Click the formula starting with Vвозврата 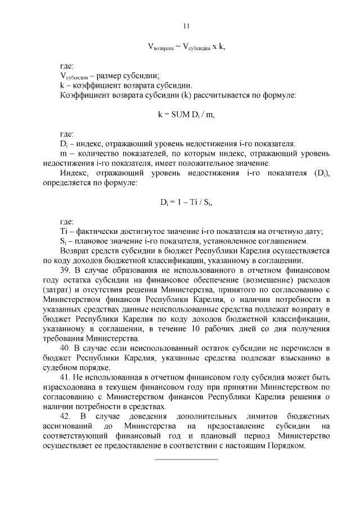[186, 48]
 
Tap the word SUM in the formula [181, 114]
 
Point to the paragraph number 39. [65, 269]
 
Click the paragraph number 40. [65, 349]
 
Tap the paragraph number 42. [65, 416]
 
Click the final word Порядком [284, 445]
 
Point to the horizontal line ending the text [186, 460]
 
